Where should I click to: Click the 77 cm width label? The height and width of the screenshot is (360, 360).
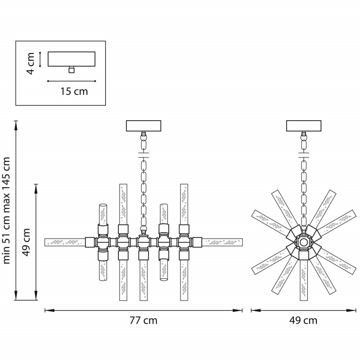(x=144, y=320)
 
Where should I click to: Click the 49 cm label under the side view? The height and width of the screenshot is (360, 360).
(x=303, y=320)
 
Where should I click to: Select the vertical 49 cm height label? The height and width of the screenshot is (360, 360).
(x=27, y=242)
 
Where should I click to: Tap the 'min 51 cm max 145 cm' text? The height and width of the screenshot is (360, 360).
(x=6, y=211)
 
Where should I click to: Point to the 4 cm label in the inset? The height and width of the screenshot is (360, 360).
(x=30, y=63)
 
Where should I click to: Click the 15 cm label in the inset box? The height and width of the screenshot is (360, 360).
(x=74, y=91)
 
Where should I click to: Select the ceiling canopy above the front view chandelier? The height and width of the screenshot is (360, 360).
(x=144, y=126)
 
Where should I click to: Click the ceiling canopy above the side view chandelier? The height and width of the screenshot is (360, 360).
(x=303, y=126)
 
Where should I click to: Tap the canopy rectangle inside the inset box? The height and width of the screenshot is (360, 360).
(x=72, y=59)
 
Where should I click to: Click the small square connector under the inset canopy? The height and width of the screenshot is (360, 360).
(x=72, y=70)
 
